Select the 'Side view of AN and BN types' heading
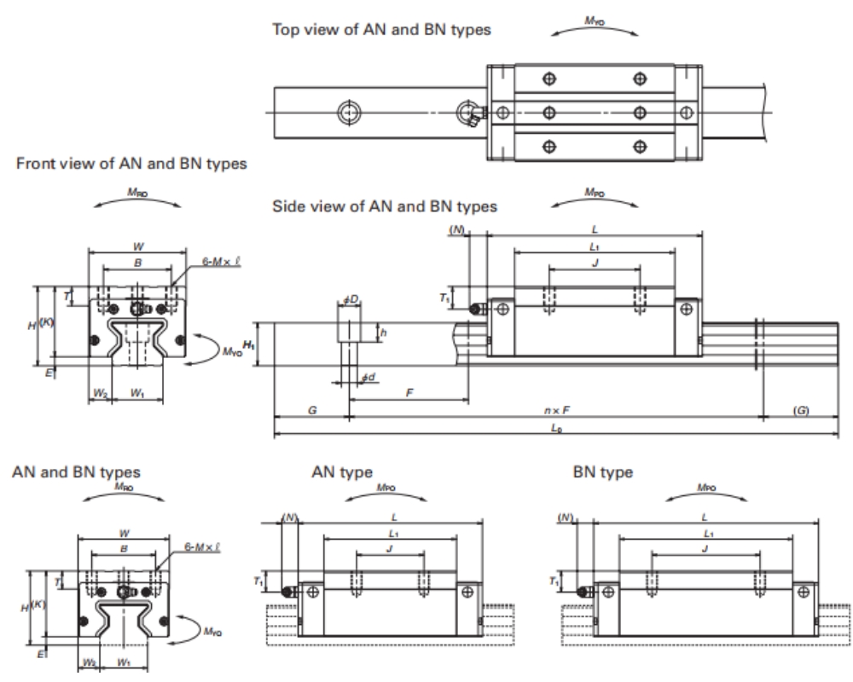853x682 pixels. pyautogui.click(x=384, y=206)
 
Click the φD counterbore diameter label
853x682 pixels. pyautogui.click(x=350, y=299)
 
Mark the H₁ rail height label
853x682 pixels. pyautogui.click(x=249, y=344)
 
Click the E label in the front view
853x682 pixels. pyautogui.click(x=49, y=373)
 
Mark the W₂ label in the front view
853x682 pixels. pyautogui.click(x=100, y=393)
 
